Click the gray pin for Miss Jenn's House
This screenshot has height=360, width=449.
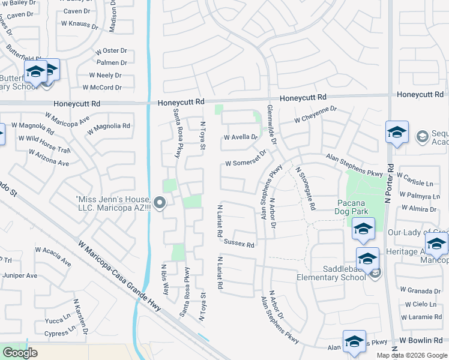click(x=159, y=203)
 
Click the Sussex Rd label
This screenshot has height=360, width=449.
click(x=239, y=244)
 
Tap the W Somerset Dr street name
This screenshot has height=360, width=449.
click(x=245, y=164)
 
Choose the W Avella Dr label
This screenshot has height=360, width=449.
click(x=240, y=137)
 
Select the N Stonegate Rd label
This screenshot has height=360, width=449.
click(x=305, y=188)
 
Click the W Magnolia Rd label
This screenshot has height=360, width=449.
click(x=109, y=126)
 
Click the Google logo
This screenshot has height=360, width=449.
click(x=19, y=353)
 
